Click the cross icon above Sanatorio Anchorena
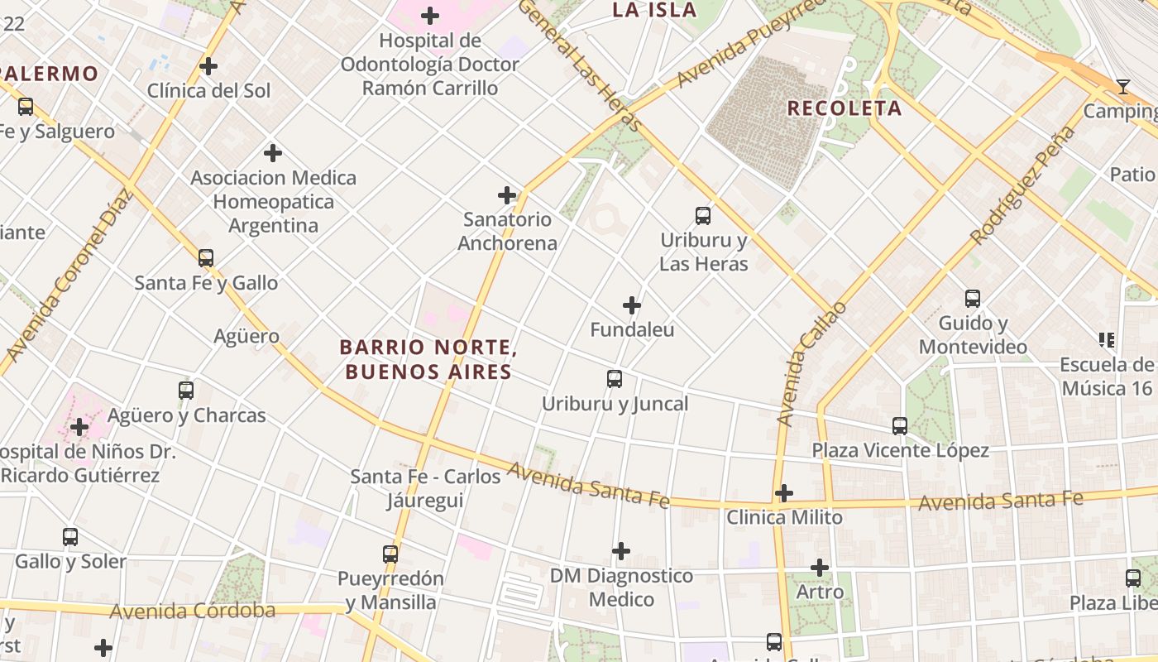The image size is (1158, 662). [507, 195]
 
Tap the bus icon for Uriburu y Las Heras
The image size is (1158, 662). [703, 216]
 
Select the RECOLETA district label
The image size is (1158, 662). [844, 108]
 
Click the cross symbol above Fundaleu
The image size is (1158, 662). [632, 305]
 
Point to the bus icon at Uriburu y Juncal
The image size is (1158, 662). [615, 379]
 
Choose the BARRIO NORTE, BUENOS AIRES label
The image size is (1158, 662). [428, 359]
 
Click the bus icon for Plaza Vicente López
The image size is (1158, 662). [900, 426]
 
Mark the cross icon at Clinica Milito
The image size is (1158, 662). [784, 494]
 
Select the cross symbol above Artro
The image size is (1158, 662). [820, 568]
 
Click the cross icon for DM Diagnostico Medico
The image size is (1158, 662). [621, 551]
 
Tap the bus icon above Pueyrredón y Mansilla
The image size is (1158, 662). [390, 554]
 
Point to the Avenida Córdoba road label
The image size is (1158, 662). [192, 612]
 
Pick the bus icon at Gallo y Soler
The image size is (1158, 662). [70, 537]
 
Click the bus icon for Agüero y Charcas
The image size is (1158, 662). [186, 391]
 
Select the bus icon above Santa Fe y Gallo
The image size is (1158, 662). [206, 258]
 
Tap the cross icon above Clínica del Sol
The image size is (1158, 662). [208, 66]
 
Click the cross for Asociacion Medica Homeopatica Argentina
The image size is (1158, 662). [273, 153]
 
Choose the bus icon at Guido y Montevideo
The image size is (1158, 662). [973, 299]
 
